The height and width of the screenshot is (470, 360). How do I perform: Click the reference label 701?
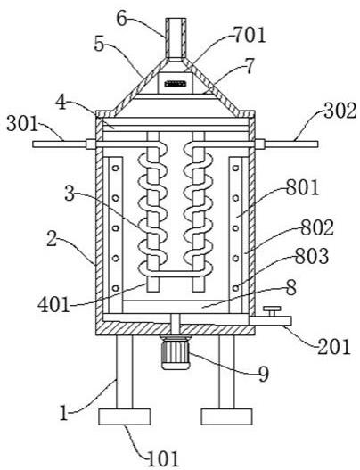[x=250, y=35]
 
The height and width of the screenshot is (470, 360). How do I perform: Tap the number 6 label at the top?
[x=122, y=19]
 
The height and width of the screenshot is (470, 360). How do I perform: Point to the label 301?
[x=22, y=123]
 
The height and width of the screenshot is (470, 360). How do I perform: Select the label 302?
[x=340, y=111]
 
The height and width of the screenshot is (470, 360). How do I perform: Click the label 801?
[x=302, y=188]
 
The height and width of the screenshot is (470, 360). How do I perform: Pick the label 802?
[x=317, y=227]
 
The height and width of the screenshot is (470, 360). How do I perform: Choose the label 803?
[x=312, y=256]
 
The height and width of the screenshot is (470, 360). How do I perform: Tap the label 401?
[x=53, y=305]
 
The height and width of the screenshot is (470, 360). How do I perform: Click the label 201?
[x=333, y=348]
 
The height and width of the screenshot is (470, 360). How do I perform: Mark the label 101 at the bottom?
[x=163, y=458]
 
